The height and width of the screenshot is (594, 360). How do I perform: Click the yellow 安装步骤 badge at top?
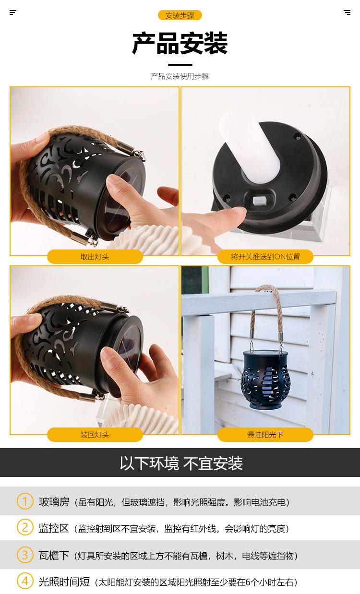(180, 15)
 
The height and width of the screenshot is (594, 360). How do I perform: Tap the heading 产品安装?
(180, 44)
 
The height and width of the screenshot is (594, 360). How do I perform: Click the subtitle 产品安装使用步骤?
(180, 76)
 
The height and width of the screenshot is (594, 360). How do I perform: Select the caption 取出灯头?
(95, 257)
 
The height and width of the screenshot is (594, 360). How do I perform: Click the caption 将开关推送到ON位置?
(265, 257)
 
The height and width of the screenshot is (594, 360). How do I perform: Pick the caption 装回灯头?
(95, 435)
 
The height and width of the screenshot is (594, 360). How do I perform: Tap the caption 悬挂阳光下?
(265, 435)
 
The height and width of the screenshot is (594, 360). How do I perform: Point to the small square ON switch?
(260, 199)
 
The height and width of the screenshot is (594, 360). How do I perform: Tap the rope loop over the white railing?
(266, 307)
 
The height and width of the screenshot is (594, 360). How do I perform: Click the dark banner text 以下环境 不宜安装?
(181, 463)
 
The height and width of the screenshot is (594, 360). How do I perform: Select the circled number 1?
(25, 501)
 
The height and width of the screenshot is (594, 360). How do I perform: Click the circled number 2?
(25, 527)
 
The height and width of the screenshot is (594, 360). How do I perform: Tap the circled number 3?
(25, 555)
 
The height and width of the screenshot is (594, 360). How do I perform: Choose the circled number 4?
(25, 581)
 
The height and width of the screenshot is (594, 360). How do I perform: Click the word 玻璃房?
(54, 502)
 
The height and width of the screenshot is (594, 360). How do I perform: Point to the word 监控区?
(54, 528)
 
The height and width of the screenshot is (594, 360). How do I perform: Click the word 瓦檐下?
(54, 556)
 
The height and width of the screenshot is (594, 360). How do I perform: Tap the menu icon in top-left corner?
(13, 12)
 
